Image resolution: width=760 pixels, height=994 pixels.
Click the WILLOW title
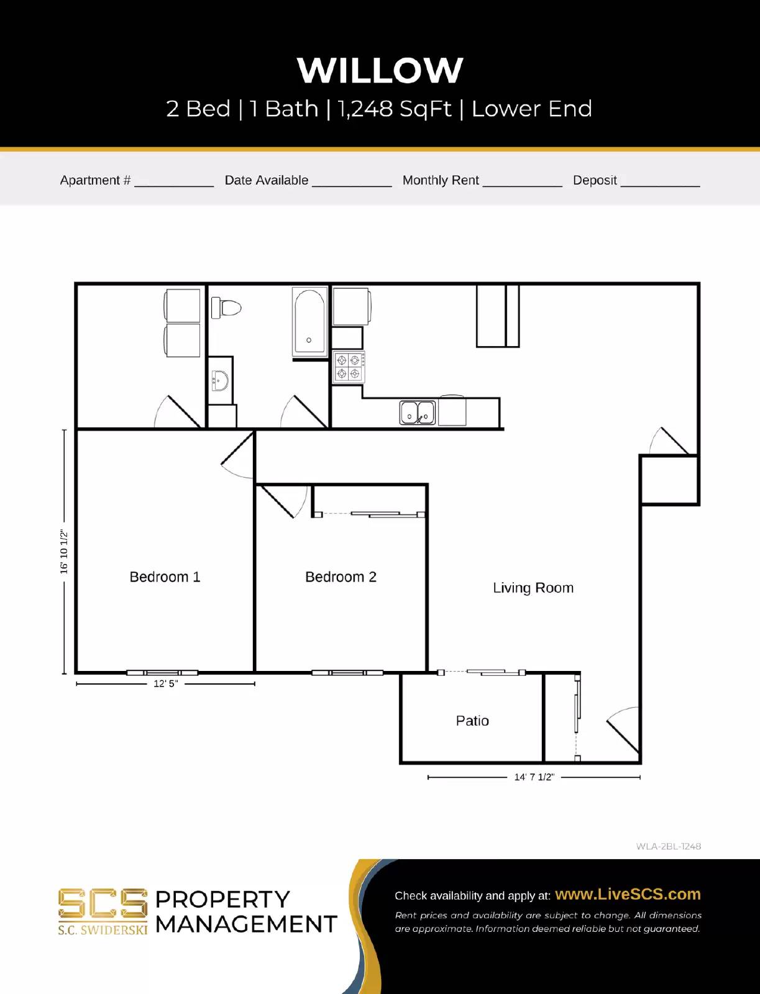(380, 70)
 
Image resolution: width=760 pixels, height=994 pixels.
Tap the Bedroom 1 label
(165, 577)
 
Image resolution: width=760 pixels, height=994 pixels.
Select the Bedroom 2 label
(341, 577)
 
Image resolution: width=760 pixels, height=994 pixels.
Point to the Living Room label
(533, 588)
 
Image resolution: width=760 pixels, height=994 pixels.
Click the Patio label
(472, 721)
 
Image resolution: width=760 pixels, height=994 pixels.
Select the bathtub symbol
(309, 322)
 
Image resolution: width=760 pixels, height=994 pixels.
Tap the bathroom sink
(219, 380)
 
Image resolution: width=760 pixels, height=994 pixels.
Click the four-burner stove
(348, 367)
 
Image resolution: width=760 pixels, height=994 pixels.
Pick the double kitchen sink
(417, 413)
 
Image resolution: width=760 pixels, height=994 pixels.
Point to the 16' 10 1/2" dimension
(64, 551)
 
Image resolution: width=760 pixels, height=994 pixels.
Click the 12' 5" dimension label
(165, 683)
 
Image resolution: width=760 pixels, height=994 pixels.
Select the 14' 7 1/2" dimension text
(534, 777)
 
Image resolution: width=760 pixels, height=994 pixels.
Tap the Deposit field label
(594, 180)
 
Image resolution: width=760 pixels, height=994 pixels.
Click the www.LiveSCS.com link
(627, 894)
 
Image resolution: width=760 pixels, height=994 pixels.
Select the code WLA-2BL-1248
(668, 846)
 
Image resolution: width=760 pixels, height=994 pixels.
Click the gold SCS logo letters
(103, 903)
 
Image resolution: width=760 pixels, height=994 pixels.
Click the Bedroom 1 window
(162, 673)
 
